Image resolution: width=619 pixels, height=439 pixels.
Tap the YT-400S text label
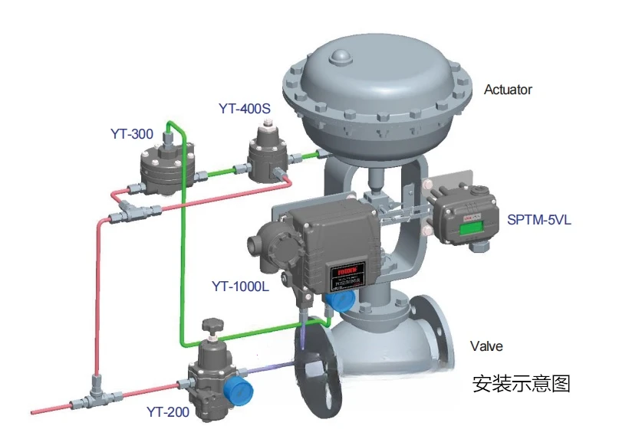click(245, 109)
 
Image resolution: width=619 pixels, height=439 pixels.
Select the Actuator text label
click(508, 90)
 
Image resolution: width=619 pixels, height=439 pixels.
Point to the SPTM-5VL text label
click(539, 221)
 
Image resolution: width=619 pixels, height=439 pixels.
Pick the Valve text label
click(486, 346)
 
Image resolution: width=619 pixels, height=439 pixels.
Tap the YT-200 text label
click(167, 412)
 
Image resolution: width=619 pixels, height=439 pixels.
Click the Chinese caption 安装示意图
click(522, 383)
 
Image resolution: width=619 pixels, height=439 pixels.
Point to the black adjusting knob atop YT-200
click(212, 327)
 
